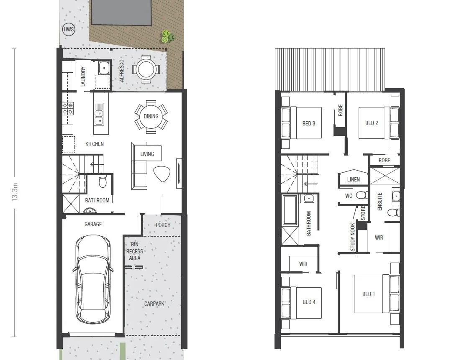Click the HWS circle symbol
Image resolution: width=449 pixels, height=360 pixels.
pos(68,30)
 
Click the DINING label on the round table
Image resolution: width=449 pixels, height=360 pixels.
pos(151,116)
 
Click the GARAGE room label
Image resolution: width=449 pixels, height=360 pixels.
pos(93,225)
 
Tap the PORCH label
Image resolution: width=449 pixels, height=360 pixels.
pos(163,225)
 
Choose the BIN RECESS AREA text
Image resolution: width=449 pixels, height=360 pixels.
pos(134,251)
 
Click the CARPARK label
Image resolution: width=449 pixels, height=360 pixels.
pos(154,304)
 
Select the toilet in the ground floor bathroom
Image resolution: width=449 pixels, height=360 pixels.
pos(103,182)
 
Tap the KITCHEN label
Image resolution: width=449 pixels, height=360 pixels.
pos(95,144)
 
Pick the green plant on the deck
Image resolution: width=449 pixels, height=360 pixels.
pos(168,37)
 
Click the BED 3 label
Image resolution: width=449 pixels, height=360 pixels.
pos(309,124)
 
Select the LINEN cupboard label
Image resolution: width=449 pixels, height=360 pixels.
pos(354,180)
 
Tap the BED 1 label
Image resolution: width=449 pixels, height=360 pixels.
pos(369,294)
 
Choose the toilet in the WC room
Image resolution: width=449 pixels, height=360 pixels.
pos(364,195)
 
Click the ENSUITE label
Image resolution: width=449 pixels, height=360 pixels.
pos(380,201)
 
